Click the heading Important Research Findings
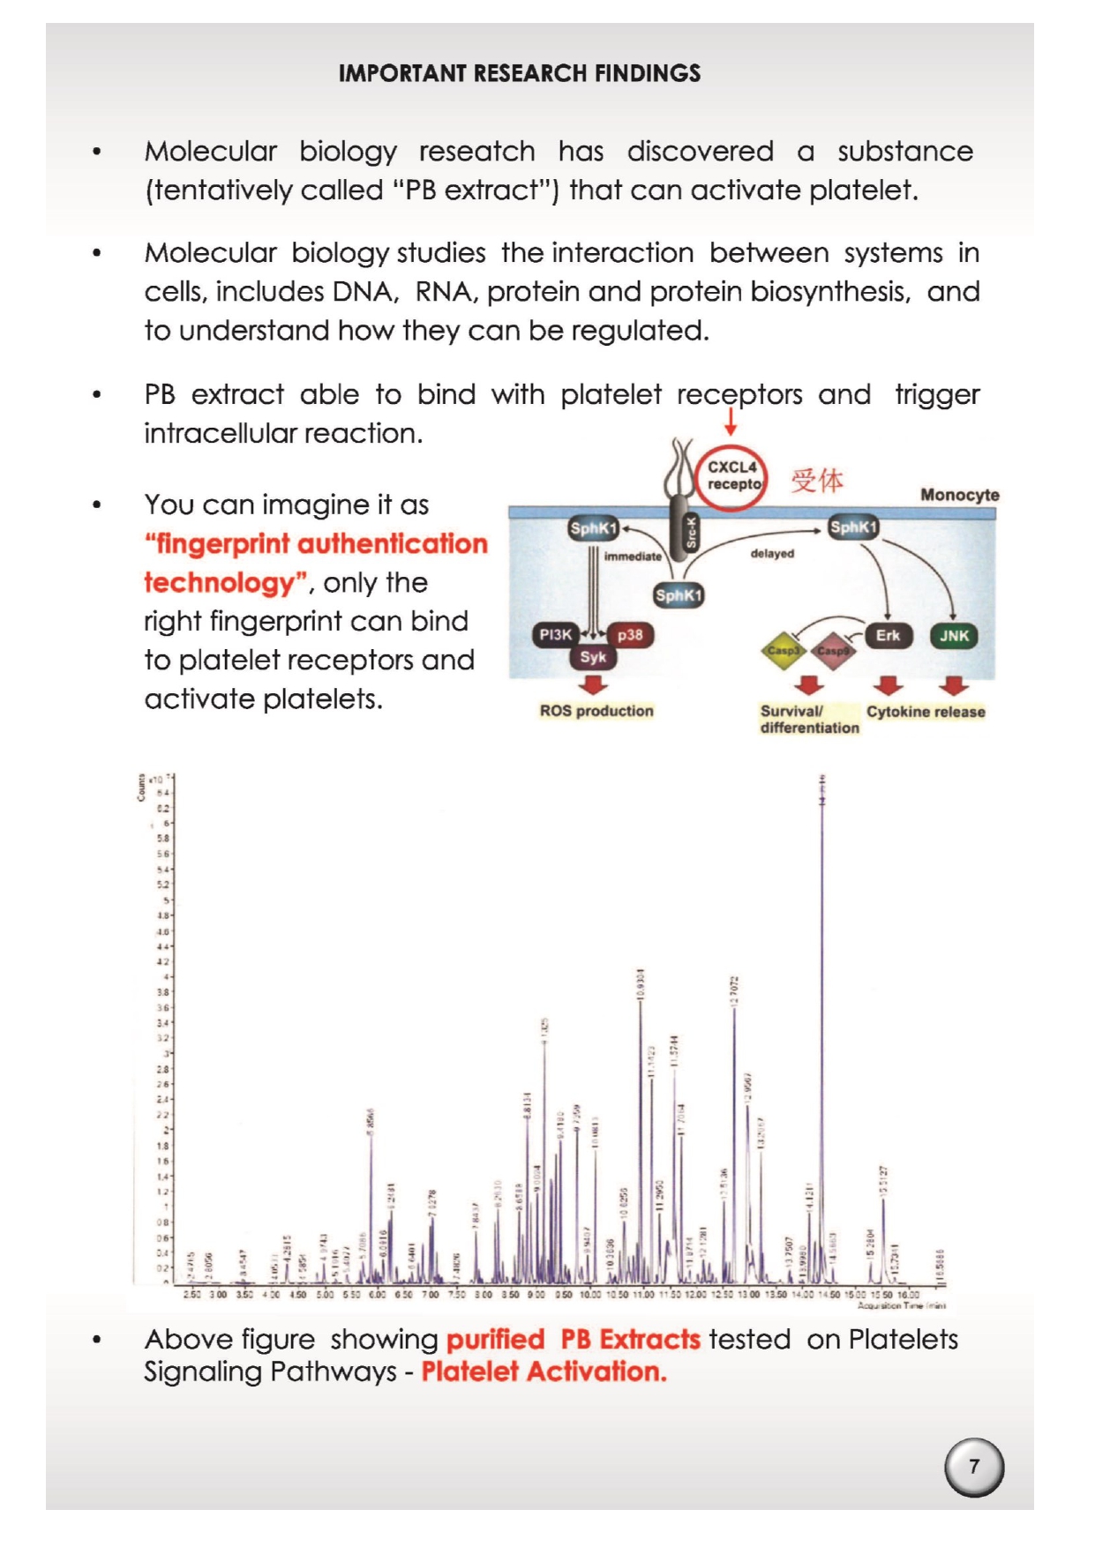coord(520,73)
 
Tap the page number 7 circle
coord(974,1466)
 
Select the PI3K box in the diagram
coord(556,635)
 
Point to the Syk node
coord(593,657)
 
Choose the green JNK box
coord(954,635)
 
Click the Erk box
coord(888,635)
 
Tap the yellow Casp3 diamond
coord(783,651)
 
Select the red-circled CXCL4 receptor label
coord(733,476)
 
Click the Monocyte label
coord(959,495)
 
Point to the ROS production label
coord(596,711)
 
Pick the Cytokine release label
coord(926,712)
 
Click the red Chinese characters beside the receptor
coord(817,481)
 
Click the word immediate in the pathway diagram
coord(633,557)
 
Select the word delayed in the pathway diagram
coord(772,554)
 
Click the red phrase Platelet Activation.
coord(544,1371)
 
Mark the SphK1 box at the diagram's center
coord(679,595)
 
